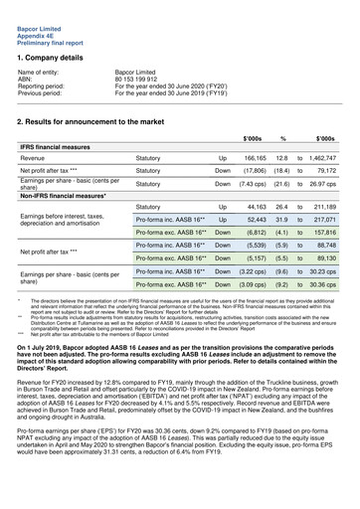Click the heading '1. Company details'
pos(57,59)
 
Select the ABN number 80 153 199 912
pos(145,80)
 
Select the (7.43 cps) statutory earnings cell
pos(251,183)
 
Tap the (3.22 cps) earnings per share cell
pos(251,270)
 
